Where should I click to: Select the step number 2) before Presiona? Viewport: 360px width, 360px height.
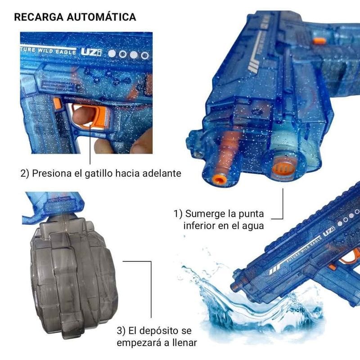(x=25, y=173)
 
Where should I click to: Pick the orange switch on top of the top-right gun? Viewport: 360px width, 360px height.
(x=319, y=41)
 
